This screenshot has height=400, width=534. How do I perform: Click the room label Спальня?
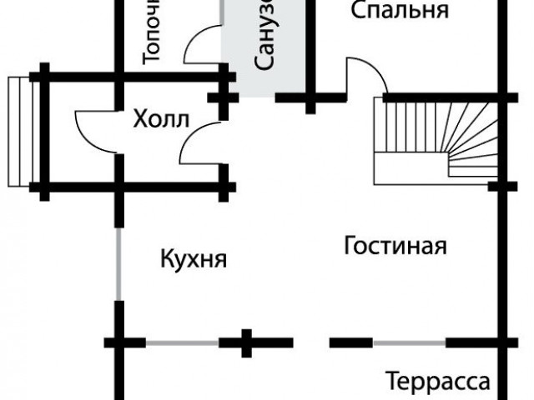pos(400,11)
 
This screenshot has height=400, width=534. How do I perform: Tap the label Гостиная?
pos(395,247)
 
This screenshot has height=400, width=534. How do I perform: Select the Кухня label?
pos(194,258)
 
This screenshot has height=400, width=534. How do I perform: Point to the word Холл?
pos(161,119)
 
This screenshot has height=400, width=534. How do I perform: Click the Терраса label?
pos(437,382)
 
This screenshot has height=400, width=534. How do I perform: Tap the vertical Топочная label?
pos(153,33)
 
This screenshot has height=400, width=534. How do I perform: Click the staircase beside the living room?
pos(436,137)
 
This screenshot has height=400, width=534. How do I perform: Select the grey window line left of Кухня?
pos(119,265)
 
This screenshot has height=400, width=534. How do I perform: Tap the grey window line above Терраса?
pos(409,342)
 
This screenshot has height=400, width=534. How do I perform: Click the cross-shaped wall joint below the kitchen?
pos(247,342)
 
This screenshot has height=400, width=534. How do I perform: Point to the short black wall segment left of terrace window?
pos(351,342)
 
